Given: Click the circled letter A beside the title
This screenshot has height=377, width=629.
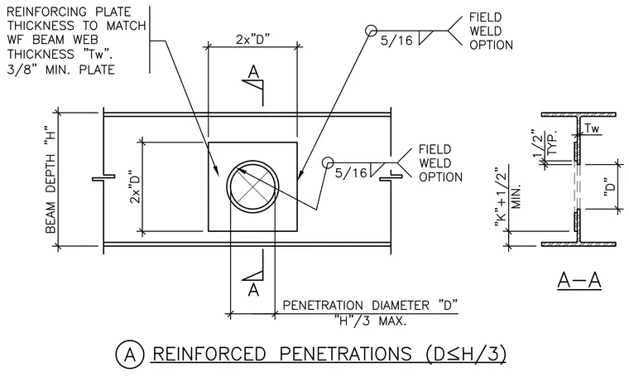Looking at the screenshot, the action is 130,355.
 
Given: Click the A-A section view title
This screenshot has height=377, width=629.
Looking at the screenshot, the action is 579,280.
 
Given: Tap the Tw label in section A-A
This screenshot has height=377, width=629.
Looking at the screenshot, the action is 592,128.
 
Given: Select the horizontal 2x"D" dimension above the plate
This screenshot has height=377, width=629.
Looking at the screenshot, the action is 252,40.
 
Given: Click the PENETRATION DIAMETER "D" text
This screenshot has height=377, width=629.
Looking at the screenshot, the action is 370,305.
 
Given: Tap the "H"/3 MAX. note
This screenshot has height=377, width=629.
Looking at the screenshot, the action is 371,321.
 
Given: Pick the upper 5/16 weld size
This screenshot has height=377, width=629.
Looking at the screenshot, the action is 396,40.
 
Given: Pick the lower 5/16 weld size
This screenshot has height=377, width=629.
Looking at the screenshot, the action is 351,173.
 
